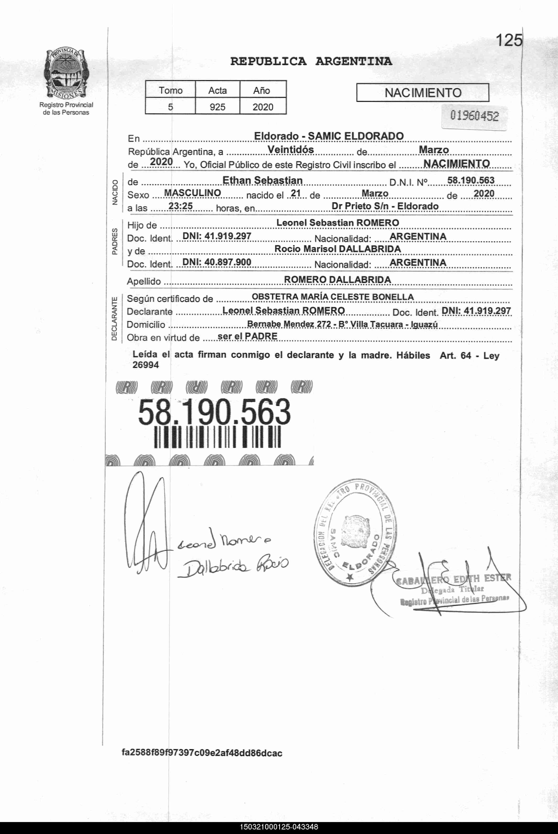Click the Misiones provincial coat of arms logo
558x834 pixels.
coord(66,74)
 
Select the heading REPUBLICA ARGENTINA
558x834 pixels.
coord(311,61)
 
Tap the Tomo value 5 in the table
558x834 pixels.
coord(170,107)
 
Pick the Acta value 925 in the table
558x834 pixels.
coord(217,107)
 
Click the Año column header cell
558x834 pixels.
coord(262,90)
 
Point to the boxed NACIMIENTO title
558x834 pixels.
coord(422,93)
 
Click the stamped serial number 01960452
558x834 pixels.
coord(474,116)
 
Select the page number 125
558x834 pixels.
coord(509,40)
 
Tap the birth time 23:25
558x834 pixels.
coord(181,206)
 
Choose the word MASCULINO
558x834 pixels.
coord(192,193)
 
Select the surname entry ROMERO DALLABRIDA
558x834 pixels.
coord(337,280)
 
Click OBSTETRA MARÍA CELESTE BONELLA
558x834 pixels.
coord(332,297)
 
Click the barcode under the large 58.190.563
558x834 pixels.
coord(217,437)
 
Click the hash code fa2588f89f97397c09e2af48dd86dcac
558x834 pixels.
coord(202,753)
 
